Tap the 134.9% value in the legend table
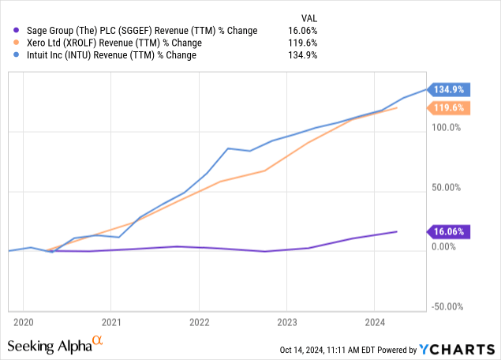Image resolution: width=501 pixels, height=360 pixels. coord(303,55)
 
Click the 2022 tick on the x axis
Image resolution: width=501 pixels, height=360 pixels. coord(199,322)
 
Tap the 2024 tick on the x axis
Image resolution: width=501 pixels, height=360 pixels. coord(375,322)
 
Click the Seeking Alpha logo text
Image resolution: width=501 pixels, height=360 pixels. coord(49,346)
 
